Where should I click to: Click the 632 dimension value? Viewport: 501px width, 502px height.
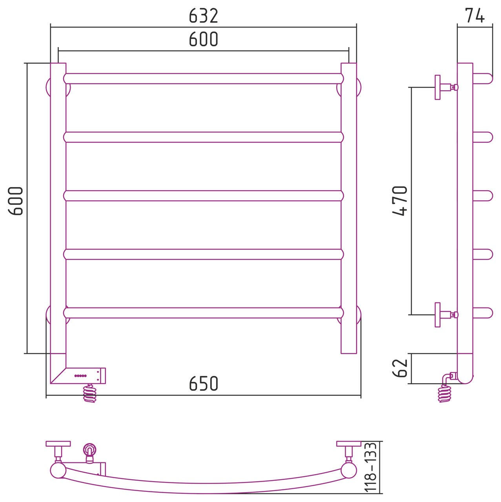click(203, 16)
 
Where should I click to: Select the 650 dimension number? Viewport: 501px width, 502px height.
click(203, 383)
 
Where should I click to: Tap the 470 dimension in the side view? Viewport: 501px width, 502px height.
click(400, 201)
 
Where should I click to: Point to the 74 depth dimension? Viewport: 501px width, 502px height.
click(475, 15)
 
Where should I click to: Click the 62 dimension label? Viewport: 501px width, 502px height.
click(400, 368)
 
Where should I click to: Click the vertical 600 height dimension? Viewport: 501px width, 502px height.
click(16, 201)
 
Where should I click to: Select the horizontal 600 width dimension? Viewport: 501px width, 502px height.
click(203, 39)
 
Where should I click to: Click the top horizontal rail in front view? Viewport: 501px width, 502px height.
click(203, 79)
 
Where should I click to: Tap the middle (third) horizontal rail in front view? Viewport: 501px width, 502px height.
click(203, 196)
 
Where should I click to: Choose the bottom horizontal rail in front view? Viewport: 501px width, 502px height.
click(203, 313)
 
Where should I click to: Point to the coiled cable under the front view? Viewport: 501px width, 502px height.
click(90, 393)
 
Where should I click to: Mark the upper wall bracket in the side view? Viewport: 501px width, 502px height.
click(446, 87)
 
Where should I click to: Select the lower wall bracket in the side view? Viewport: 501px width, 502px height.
click(446, 315)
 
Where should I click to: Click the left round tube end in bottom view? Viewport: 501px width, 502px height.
click(58, 470)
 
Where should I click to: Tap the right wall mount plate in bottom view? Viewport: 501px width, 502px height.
click(348, 444)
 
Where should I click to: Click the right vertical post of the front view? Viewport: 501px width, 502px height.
click(349, 208)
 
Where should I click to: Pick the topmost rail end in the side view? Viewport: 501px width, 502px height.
click(483, 79)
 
